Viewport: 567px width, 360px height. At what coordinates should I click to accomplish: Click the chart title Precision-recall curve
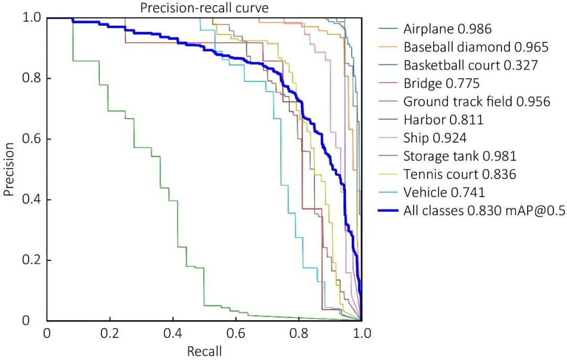204,8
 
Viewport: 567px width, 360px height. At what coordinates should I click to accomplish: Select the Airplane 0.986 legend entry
447,29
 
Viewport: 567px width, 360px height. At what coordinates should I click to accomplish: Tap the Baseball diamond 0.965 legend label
476,47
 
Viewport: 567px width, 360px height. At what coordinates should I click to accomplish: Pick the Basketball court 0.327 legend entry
470,65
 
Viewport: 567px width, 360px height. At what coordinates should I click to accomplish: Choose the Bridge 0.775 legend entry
442,83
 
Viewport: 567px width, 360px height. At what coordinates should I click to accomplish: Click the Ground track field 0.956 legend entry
477,101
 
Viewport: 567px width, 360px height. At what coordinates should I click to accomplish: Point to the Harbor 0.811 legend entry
443,120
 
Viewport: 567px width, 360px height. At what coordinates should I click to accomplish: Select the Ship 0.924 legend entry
435,138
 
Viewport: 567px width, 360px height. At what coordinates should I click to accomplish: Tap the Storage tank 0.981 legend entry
460,156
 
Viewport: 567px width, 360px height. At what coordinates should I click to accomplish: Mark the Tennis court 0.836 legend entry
460,174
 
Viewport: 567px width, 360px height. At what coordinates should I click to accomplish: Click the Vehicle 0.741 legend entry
444,192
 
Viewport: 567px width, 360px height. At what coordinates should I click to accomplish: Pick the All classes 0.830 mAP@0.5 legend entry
484,211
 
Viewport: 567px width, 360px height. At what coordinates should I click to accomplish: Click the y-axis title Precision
8,168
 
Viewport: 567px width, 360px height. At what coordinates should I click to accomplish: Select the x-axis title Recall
204,351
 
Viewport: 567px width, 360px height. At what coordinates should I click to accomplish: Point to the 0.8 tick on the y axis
33,79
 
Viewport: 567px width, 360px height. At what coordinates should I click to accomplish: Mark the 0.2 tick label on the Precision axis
33,260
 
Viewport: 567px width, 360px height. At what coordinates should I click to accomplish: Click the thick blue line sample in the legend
387,211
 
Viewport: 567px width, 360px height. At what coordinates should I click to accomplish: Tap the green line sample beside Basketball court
387,65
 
